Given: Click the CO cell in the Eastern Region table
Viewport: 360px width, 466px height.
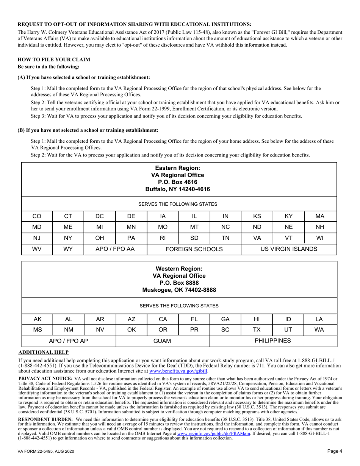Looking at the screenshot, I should click(37, 216).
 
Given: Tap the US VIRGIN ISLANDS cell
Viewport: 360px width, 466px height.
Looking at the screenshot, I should click(289, 249).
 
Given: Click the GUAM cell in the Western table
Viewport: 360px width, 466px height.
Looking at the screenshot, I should click(162, 341).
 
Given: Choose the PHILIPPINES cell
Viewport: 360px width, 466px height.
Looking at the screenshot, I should click(273, 341).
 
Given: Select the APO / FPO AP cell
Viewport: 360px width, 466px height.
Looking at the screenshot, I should click(69, 341).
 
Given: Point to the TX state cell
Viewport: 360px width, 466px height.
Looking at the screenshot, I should click(257, 330).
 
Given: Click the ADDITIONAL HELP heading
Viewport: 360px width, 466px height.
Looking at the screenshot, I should click(44, 352).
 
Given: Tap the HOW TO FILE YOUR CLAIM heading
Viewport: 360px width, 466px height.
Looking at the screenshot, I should click(54, 59).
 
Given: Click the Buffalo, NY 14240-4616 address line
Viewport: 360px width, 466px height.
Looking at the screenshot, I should click(178, 189).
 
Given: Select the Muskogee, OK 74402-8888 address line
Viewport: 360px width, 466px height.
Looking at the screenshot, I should click(179, 290).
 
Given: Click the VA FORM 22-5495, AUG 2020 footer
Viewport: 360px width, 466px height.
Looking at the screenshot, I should click(46, 451).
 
